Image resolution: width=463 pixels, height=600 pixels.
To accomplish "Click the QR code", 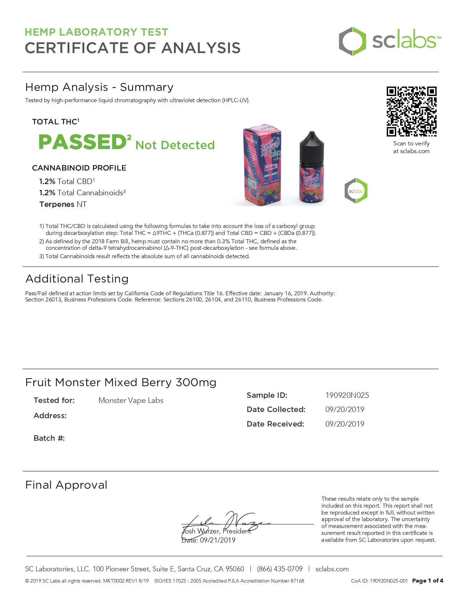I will click(x=411, y=111).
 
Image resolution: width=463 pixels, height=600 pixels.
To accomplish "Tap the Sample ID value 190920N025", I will click(x=347, y=395).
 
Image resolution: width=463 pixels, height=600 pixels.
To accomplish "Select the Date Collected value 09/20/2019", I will click(x=345, y=409).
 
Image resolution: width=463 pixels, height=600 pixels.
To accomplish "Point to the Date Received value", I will click(x=345, y=424).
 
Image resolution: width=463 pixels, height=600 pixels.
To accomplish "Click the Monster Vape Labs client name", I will click(x=131, y=400).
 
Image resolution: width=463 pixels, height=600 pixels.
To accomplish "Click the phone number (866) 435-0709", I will click(x=280, y=569).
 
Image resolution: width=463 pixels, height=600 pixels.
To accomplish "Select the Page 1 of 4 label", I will click(x=427, y=581).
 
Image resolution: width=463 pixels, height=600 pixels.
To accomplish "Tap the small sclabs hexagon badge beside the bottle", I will click(x=356, y=191).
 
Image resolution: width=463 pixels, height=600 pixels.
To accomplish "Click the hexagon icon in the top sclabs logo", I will click(x=352, y=41).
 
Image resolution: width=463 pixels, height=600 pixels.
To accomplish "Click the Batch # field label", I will click(x=49, y=438).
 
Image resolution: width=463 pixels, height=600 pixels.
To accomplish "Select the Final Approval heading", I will click(x=66, y=485).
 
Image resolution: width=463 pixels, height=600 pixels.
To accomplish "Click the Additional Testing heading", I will click(x=77, y=279).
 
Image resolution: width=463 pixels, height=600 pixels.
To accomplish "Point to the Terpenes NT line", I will click(x=63, y=204).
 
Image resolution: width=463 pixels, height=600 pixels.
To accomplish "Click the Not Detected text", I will click(x=175, y=145).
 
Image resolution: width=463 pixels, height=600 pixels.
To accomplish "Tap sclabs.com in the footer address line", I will click(x=332, y=569).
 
